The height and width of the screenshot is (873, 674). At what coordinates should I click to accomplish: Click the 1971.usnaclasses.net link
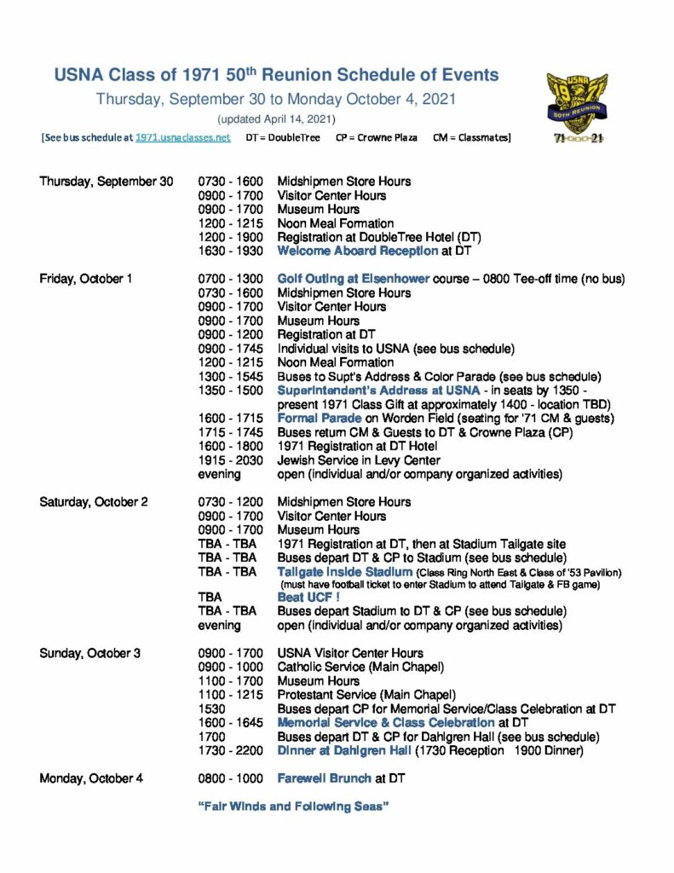pyautogui.click(x=182, y=137)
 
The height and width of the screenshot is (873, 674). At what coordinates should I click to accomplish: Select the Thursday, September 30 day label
pyautogui.click(x=107, y=182)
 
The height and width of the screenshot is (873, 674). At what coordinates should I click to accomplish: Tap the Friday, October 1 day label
pyautogui.click(x=85, y=279)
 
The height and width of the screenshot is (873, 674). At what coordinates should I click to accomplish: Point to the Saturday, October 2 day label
pyautogui.click(x=94, y=501)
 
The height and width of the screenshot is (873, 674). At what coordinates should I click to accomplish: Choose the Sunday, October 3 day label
pyautogui.click(x=89, y=654)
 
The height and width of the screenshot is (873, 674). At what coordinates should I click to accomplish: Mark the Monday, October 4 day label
pyautogui.click(x=89, y=778)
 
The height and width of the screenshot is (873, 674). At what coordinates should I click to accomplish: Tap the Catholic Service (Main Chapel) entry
pyautogui.click(x=361, y=668)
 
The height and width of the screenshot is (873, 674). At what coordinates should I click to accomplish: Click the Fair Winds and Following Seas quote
pyautogui.click(x=293, y=807)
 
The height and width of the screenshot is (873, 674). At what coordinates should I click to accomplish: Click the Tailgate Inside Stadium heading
pyautogui.click(x=346, y=571)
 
